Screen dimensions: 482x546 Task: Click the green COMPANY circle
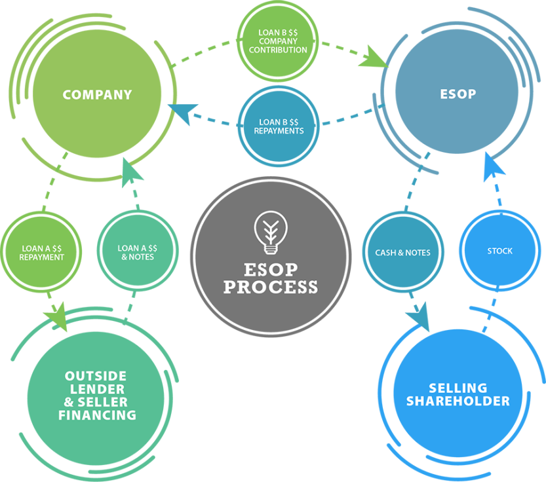pyautogui.click(x=97, y=95)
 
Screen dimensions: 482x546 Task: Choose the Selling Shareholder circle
pyautogui.click(x=458, y=394)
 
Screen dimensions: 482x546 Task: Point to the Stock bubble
pyautogui.click(x=499, y=251)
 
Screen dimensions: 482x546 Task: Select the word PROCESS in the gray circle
pyautogui.click(x=271, y=287)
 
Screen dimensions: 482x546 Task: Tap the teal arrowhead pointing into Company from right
pyautogui.click(x=182, y=113)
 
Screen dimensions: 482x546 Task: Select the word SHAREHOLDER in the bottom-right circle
pyautogui.click(x=458, y=401)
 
